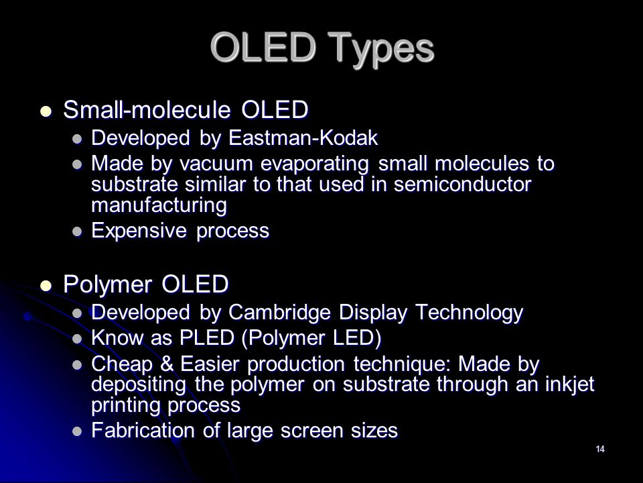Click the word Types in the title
point(382,50)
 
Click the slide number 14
point(600,449)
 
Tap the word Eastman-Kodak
point(303,138)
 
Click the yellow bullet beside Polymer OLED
point(46,286)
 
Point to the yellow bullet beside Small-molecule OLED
point(46,111)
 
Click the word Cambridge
point(279,312)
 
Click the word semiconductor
point(462,184)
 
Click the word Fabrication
point(143,431)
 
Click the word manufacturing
point(159,205)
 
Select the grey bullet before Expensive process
point(77,231)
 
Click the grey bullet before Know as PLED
point(77,339)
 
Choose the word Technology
point(469,313)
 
